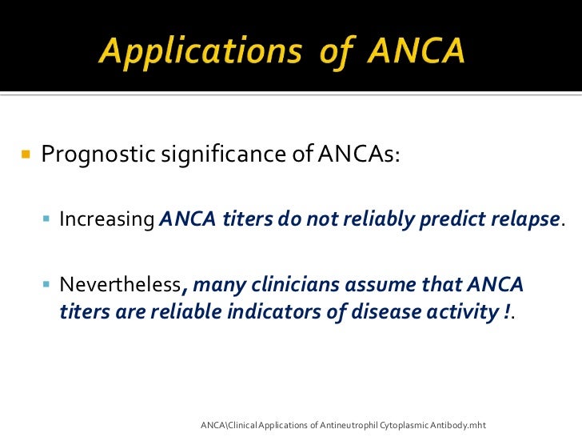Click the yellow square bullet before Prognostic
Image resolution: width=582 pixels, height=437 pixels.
[x=25, y=152]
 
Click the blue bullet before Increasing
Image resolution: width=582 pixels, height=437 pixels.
[x=47, y=218]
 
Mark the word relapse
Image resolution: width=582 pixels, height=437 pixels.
[x=525, y=219]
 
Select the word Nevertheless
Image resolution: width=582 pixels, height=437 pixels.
[x=120, y=286]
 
